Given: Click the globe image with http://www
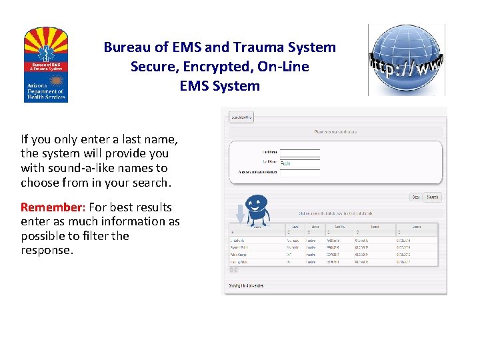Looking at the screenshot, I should tap(406, 60).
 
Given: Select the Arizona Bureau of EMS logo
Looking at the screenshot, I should tap(45, 64).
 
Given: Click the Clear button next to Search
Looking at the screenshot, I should tap(415, 197).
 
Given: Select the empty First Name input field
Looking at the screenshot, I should tap(299, 153).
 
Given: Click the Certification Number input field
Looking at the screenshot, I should tap(299, 173).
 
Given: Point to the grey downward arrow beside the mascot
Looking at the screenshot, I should tap(241, 214).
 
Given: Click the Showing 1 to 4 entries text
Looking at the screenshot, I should tap(246, 285).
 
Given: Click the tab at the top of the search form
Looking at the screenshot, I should tap(241, 117).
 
